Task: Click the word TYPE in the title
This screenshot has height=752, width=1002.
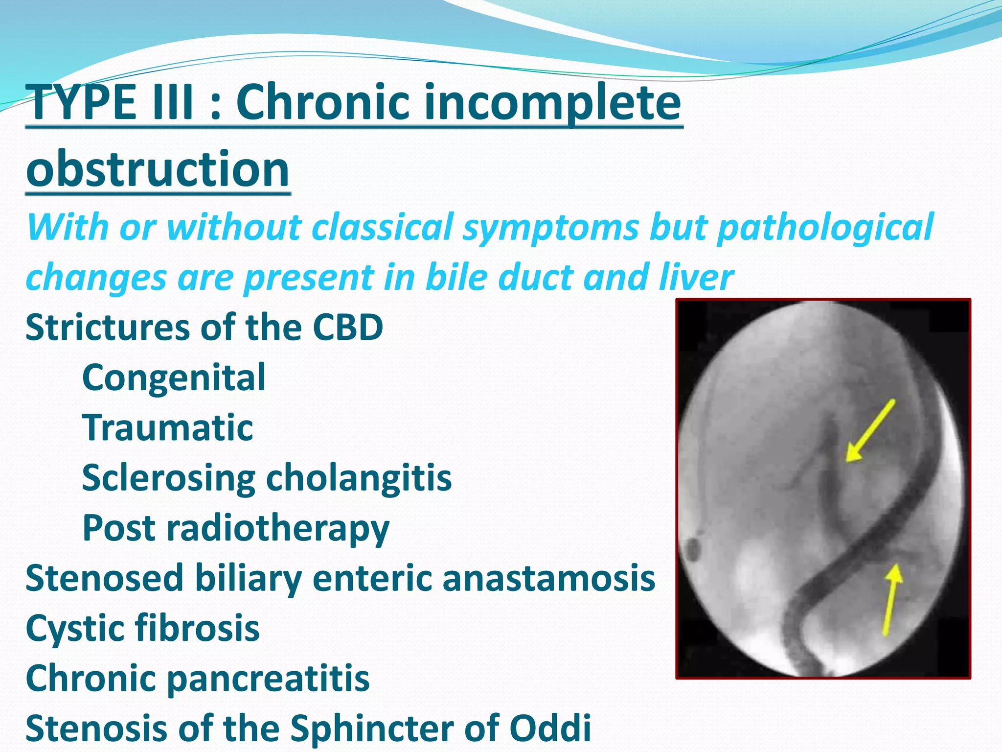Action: (81, 102)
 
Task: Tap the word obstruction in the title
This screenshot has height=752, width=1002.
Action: (158, 169)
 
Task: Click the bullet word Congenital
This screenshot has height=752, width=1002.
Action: (174, 377)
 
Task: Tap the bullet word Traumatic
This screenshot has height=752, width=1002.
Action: (167, 427)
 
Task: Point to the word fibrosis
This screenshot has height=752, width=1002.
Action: (196, 628)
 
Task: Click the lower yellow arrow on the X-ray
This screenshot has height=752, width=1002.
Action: (891, 600)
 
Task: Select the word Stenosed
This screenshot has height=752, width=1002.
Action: (104, 578)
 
